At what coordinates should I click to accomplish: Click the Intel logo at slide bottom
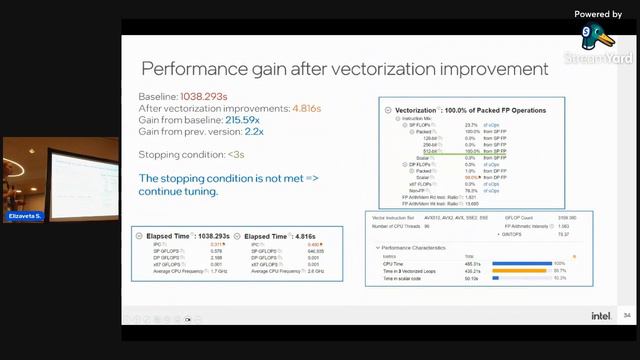600,316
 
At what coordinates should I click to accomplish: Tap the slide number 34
627,316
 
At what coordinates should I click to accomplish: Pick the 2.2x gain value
254,131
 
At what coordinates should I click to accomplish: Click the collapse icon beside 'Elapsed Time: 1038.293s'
139,236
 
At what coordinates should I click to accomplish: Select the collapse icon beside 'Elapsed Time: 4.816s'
237,236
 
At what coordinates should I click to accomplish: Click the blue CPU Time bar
519,263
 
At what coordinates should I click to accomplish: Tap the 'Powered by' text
598,14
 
